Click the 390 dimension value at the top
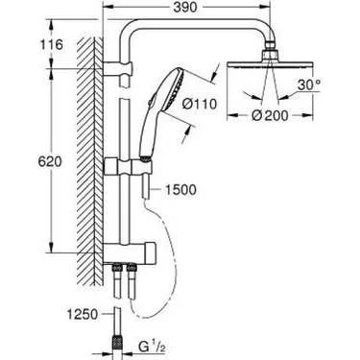point(185,8)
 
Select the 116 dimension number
point(52,44)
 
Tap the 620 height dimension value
point(50,162)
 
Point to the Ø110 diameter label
point(198,104)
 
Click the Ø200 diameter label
point(270,115)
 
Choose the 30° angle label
point(309,85)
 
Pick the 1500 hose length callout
point(180,190)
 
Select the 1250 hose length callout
point(83,314)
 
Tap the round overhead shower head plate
point(270,65)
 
